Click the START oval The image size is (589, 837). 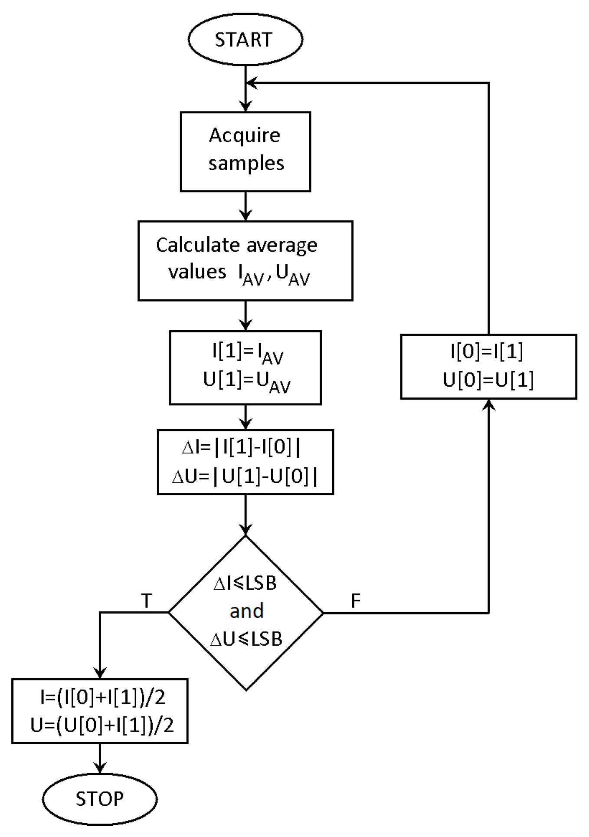245,39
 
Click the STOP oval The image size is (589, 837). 100,798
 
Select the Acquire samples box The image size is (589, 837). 245,151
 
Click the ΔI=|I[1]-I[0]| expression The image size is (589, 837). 241,447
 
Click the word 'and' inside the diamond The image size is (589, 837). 246,611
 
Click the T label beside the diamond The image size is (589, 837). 147,601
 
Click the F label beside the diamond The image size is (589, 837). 355,601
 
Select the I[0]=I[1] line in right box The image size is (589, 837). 487,351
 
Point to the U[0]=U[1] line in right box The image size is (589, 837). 488,381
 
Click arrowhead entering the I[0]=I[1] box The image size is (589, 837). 489,404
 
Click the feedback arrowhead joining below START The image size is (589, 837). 251,83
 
